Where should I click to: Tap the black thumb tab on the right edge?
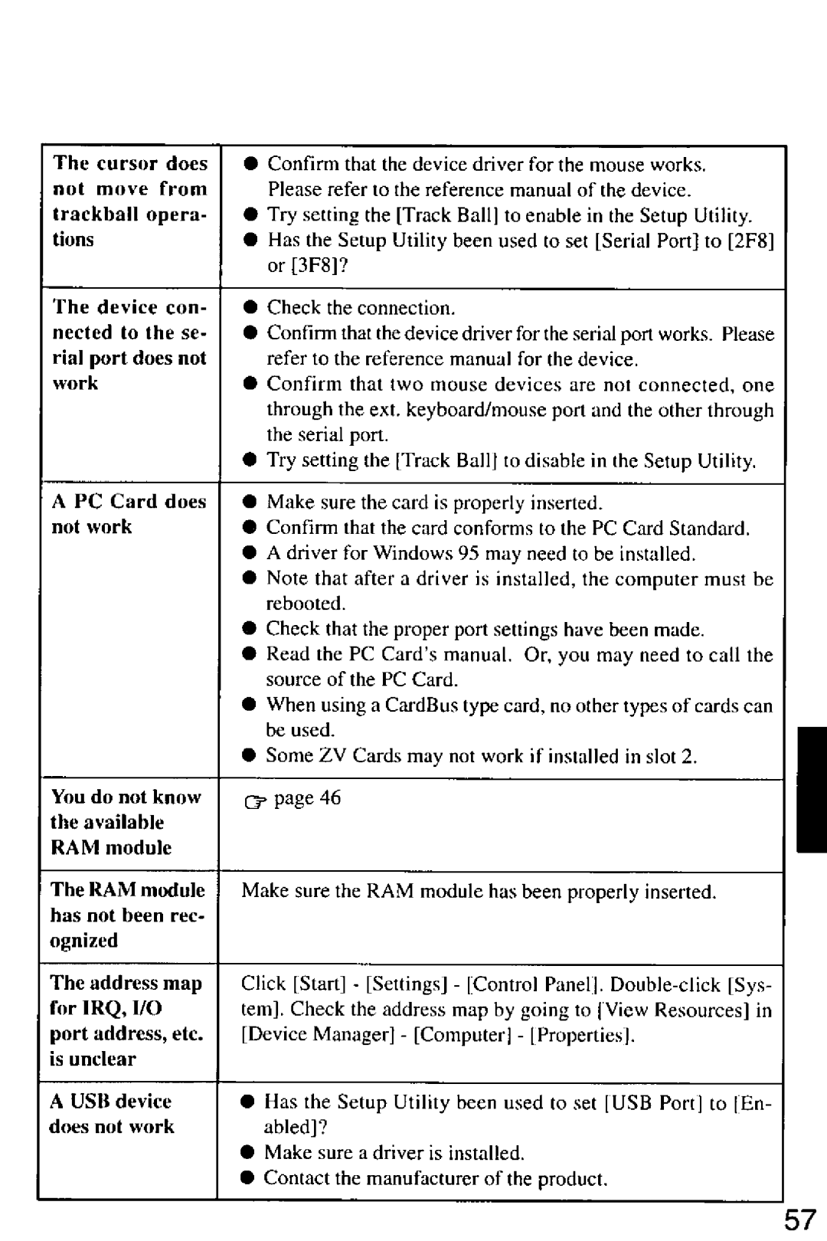click(x=811, y=790)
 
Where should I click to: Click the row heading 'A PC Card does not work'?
click(x=129, y=514)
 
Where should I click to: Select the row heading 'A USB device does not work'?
click(x=112, y=1114)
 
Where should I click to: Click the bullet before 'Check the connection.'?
click(x=250, y=309)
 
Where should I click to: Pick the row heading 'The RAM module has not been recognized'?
click(x=128, y=915)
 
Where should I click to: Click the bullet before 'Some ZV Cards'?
click(x=250, y=757)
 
